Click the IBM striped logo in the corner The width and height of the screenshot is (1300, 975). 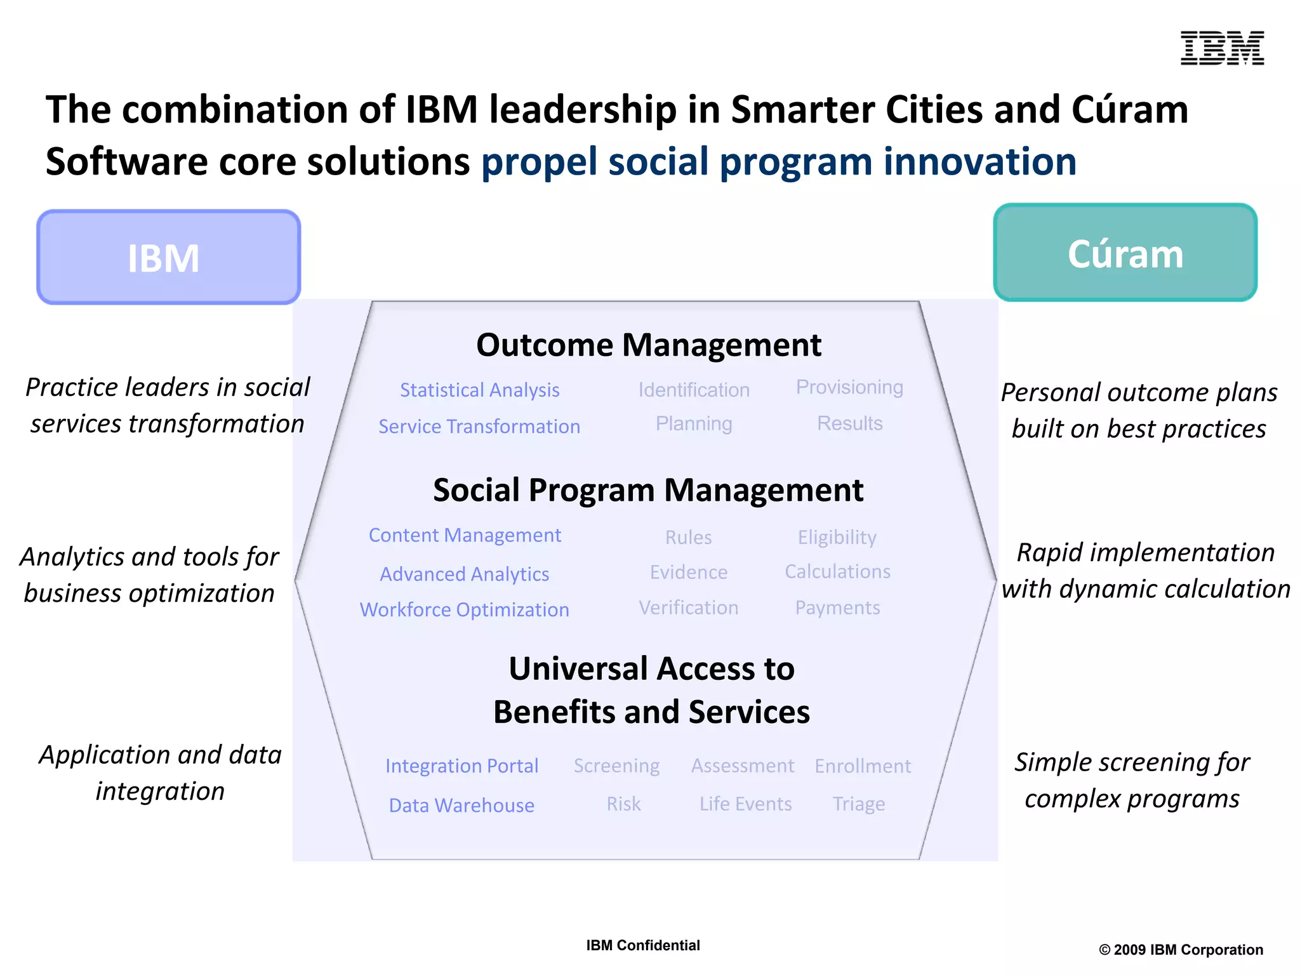pos(1221,48)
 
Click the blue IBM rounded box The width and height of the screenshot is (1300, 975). pos(168,257)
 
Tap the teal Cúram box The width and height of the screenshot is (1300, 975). pos(1125,253)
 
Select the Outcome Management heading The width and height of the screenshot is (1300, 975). pos(648,345)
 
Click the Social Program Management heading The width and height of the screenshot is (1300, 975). pos(647,490)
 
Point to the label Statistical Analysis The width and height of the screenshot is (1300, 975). pos(479,390)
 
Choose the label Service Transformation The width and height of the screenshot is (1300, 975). pos(479,427)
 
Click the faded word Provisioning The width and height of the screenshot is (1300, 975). pos(849,387)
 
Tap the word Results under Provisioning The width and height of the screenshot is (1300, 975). pos(849,423)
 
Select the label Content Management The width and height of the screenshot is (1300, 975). pos(465,535)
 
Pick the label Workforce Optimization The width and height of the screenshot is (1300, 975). pos(464,609)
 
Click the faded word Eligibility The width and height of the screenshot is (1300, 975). pos(837,538)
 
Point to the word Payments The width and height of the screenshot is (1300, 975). pos(837,608)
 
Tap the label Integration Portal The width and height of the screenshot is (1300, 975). pos(461,766)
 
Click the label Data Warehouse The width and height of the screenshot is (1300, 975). pos(461,805)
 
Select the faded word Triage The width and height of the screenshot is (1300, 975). pos(858,804)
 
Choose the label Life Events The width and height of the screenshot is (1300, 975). pos(745,804)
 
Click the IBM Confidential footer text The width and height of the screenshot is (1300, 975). pos(642,945)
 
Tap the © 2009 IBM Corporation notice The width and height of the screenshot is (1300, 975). pos(1181,950)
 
